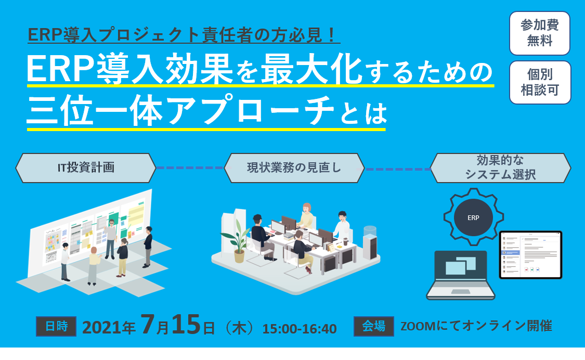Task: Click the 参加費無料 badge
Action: [x=539, y=33]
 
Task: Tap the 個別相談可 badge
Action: [x=540, y=83]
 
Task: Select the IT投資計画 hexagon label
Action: [x=86, y=168]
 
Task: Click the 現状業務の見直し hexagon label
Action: [x=294, y=168]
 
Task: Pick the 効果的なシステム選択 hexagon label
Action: [x=500, y=168]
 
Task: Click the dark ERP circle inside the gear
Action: [x=473, y=217]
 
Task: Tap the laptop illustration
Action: [x=461, y=275]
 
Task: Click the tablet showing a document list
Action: [x=530, y=255]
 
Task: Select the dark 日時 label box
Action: [x=56, y=326]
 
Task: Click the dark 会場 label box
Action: [x=374, y=326]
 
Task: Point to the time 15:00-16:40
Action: [x=300, y=329]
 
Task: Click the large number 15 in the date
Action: [x=186, y=324]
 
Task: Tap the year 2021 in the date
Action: [x=101, y=328]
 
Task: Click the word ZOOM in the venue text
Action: [x=418, y=326]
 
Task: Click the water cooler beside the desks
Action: [x=370, y=242]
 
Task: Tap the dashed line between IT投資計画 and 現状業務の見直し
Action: [x=190, y=168]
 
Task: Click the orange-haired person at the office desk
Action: [x=306, y=216]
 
